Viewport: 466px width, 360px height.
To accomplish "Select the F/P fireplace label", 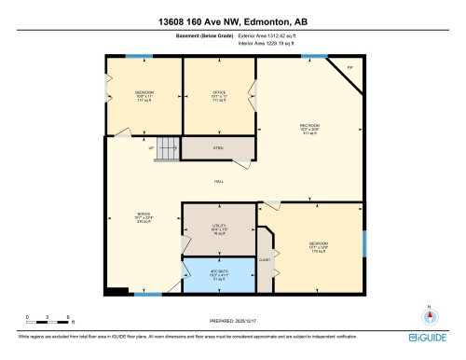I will click(x=350, y=69).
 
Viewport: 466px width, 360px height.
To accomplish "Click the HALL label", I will click(x=218, y=180).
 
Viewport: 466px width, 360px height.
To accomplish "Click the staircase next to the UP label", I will click(x=166, y=147).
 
